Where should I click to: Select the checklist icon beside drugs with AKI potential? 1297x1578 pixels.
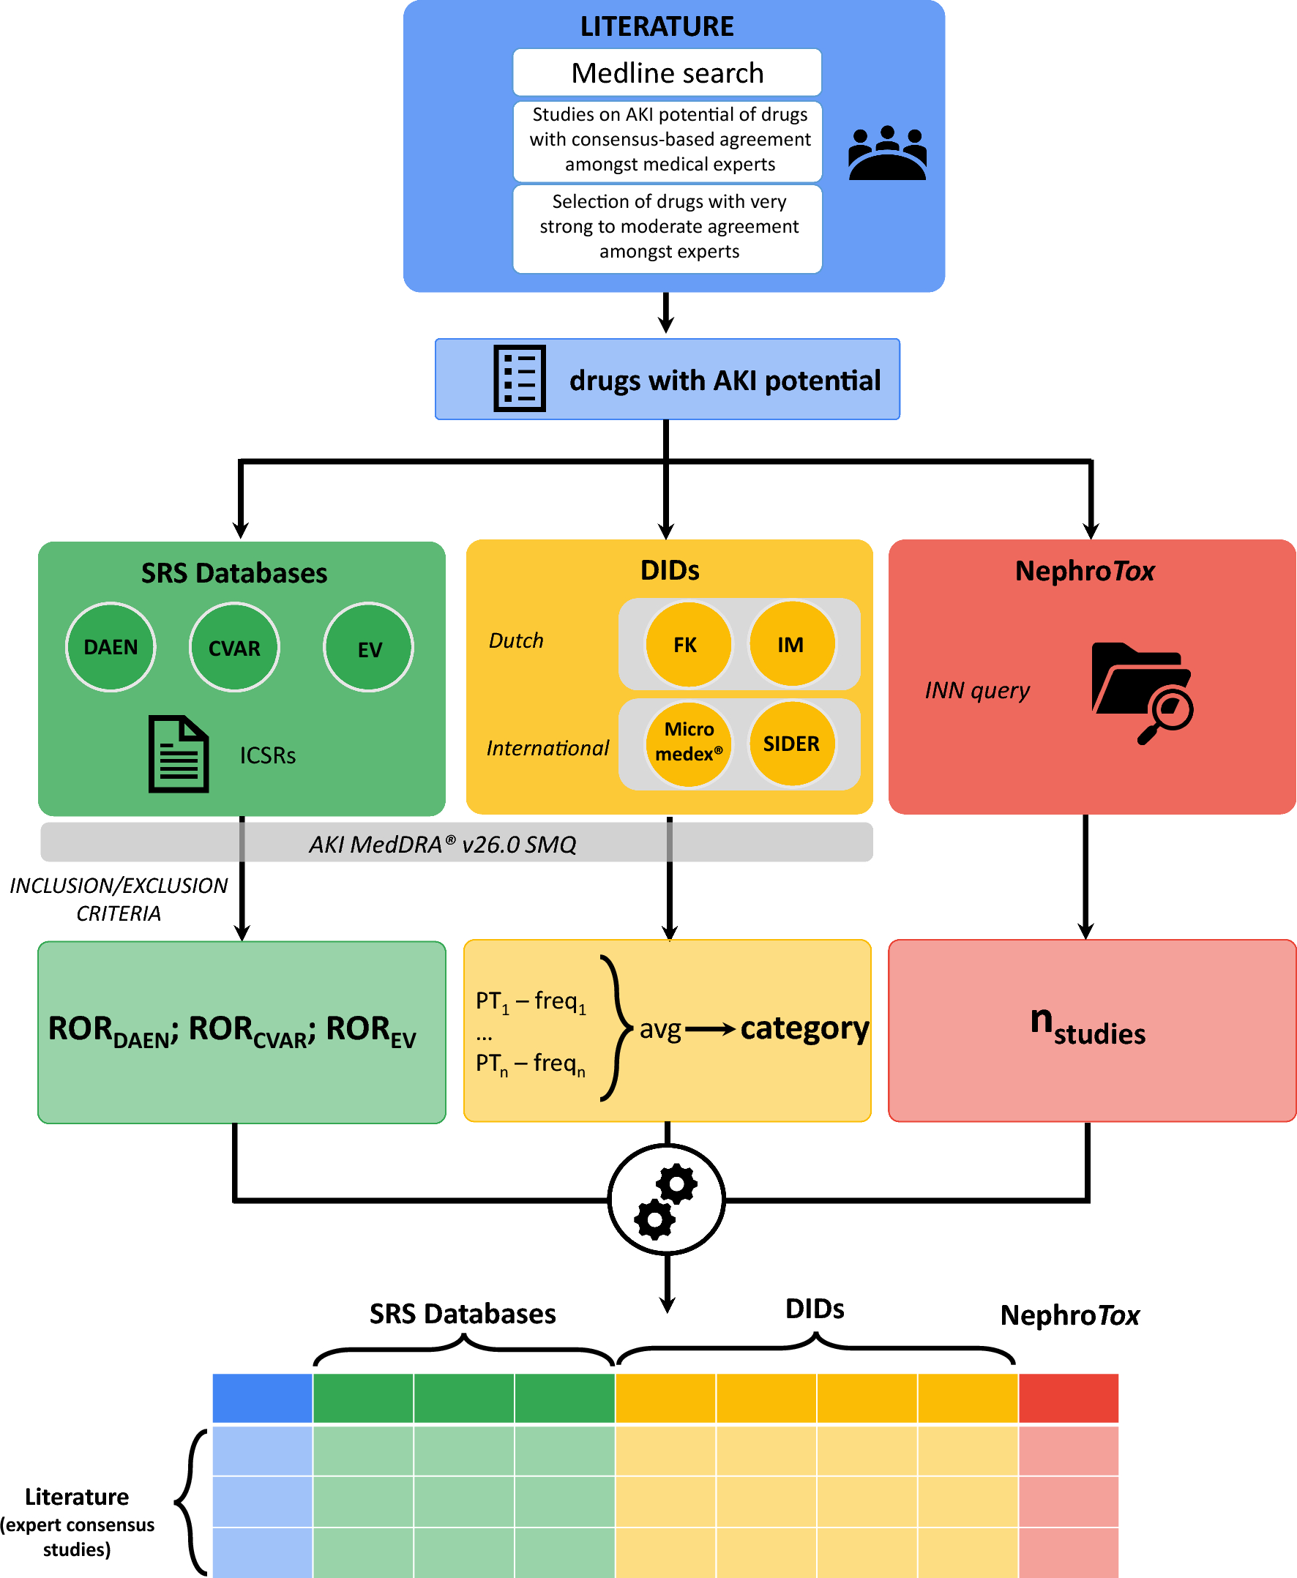[519, 378]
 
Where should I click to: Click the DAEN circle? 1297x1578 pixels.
[111, 647]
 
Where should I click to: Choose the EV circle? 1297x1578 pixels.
[368, 648]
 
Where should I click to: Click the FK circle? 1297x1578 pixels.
[687, 644]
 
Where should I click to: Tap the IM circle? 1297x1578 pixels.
[790, 644]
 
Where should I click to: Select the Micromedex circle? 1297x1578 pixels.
[688, 743]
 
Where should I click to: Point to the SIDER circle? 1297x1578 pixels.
[791, 744]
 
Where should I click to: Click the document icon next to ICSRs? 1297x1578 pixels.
[178, 754]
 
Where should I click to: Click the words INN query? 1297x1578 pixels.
[976, 689]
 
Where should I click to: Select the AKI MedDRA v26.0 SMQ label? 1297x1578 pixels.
[443, 845]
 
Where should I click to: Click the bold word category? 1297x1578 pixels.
[804, 1029]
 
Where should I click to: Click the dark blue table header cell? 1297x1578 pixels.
[262, 1398]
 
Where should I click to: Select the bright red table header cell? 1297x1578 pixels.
[1069, 1398]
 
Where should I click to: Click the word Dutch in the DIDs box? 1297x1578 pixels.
[515, 640]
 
